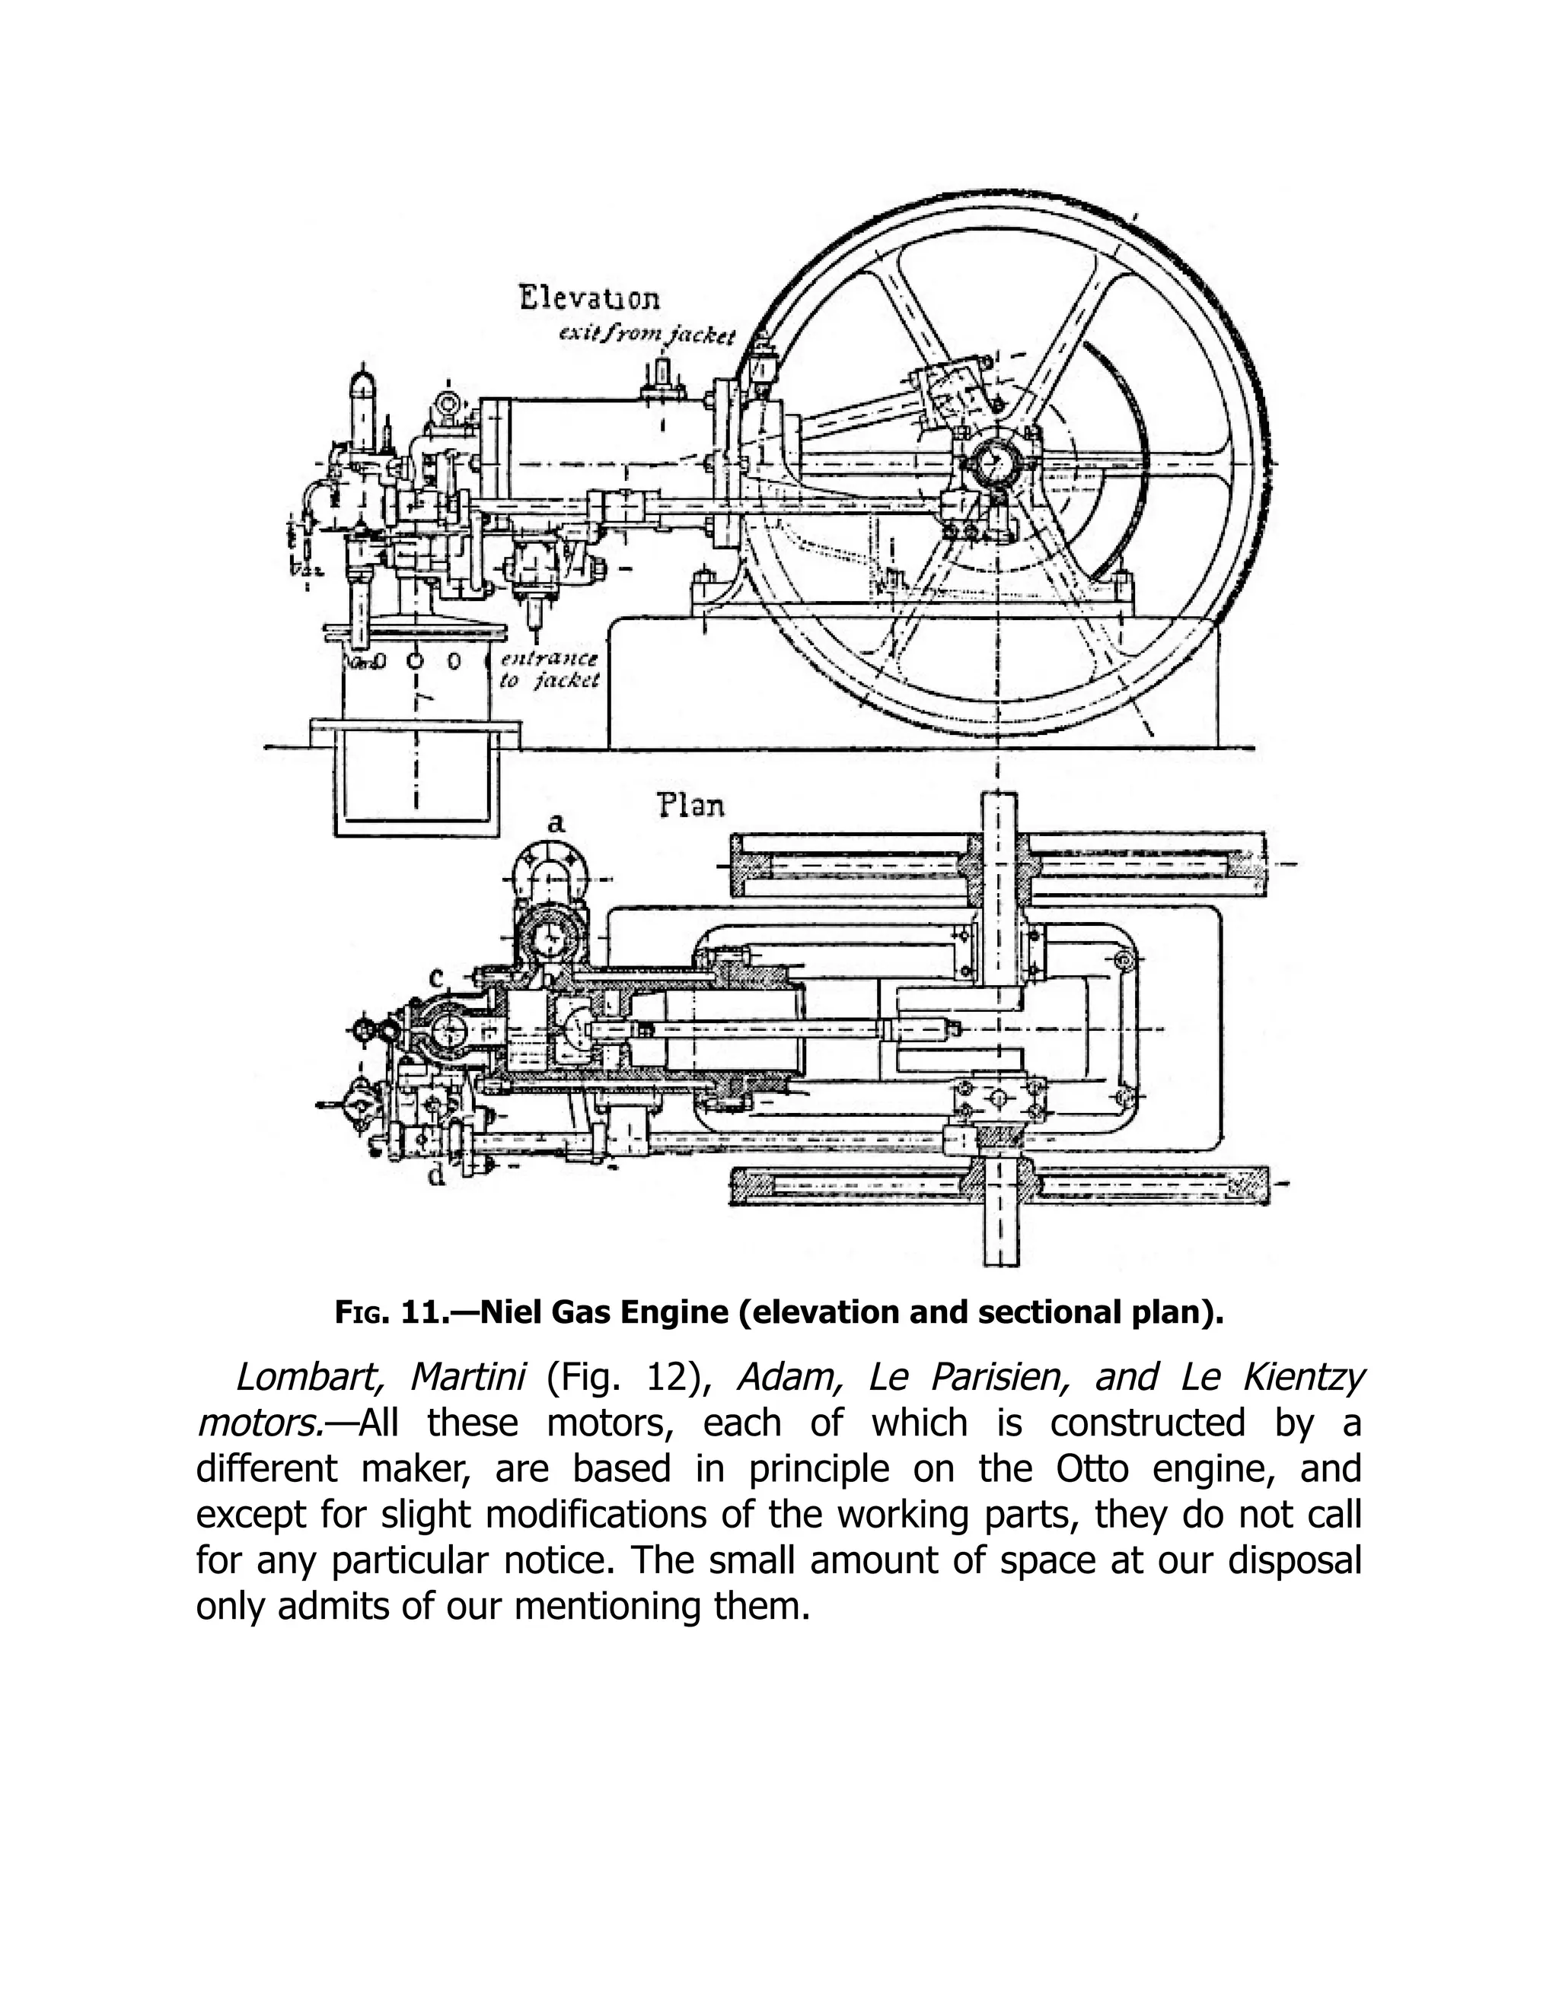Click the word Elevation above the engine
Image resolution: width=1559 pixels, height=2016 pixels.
(589, 299)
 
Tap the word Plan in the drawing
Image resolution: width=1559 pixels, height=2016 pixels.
(691, 806)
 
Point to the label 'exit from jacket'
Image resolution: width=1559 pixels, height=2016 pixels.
(646, 336)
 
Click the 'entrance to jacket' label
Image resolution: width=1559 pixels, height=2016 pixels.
(549, 670)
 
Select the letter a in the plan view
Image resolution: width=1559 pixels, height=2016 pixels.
(555, 822)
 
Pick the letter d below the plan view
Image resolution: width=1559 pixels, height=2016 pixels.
(437, 1177)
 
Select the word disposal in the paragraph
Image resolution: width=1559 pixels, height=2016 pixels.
(1294, 1561)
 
